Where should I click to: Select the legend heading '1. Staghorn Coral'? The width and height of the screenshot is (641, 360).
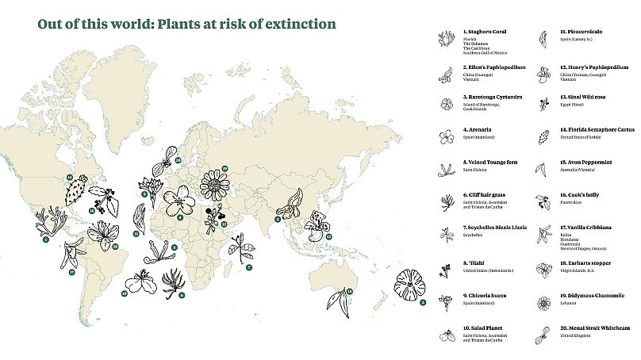pyautogui.click(x=485, y=32)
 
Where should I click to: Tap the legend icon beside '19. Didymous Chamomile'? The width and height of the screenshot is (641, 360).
pyautogui.click(x=543, y=302)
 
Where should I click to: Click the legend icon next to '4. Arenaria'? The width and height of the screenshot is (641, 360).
pyautogui.click(x=445, y=136)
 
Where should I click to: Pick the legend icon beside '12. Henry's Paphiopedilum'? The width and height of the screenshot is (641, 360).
pyautogui.click(x=543, y=72)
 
